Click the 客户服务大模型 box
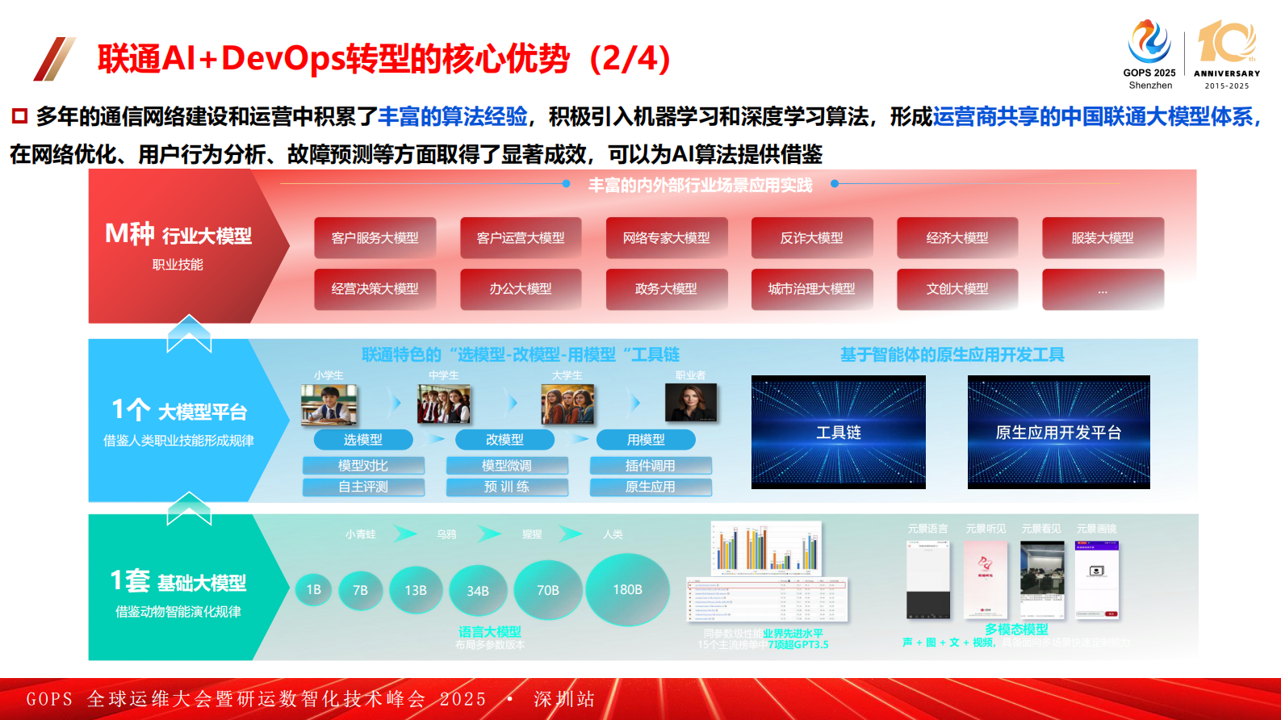pyautogui.click(x=375, y=238)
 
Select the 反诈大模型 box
pyautogui.click(x=812, y=238)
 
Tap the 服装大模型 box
pyautogui.click(x=1103, y=238)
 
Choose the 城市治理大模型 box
pyautogui.click(x=812, y=289)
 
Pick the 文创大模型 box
pyautogui.click(x=957, y=289)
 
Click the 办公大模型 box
pyautogui.click(x=521, y=289)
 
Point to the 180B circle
pyautogui.click(x=627, y=590)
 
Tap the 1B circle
pyautogui.click(x=314, y=590)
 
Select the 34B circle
pyautogui.click(x=478, y=591)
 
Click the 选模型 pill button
pyautogui.click(x=363, y=440)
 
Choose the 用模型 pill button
pyautogui.click(x=646, y=440)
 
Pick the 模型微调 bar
pyautogui.click(x=507, y=466)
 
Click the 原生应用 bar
pyautogui.click(x=651, y=487)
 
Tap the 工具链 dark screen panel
pyautogui.click(x=839, y=432)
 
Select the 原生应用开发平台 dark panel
pyautogui.click(x=1058, y=432)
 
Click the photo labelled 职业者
pyautogui.click(x=691, y=402)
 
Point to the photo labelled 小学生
pyautogui.click(x=329, y=404)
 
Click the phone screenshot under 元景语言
pyautogui.click(x=927, y=580)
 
